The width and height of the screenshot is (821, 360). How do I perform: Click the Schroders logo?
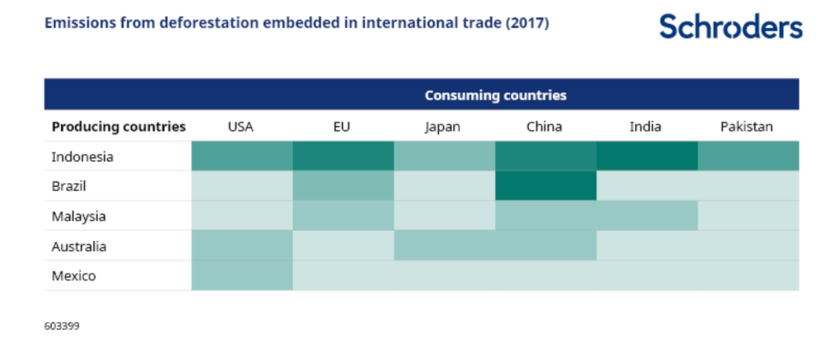click(x=730, y=26)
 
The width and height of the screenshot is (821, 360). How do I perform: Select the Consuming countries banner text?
click(x=495, y=95)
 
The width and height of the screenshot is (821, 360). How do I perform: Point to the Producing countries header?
click(x=118, y=127)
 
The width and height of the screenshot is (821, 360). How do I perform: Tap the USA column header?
click(x=240, y=127)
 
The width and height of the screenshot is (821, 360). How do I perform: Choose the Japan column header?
click(x=443, y=127)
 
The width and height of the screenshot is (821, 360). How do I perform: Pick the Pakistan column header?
click(x=746, y=127)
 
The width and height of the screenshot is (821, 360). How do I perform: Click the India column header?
click(x=645, y=127)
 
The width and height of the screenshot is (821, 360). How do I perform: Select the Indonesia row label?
click(x=82, y=157)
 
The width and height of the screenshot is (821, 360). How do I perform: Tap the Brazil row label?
click(x=69, y=186)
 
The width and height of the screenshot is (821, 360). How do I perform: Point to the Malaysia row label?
click(x=78, y=216)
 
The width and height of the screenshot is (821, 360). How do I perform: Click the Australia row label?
click(x=79, y=246)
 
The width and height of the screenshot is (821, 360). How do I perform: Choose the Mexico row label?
click(x=74, y=276)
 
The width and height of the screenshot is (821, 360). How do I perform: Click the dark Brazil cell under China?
click(x=545, y=186)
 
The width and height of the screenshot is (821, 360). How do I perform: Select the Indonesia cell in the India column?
click(x=646, y=157)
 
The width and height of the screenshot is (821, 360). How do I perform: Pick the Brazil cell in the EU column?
click(x=343, y=186)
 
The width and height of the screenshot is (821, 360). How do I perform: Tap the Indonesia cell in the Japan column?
click(x=444, y=157)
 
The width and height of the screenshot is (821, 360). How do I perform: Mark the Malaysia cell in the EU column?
click(x=343, y=216)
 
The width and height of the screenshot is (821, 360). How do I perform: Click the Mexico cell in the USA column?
click(x=242, y=276)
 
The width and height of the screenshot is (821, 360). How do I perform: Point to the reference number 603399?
click(x=62, y=326)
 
